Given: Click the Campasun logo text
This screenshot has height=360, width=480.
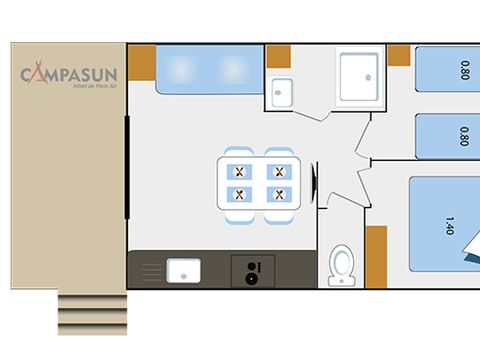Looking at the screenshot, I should point(67,75).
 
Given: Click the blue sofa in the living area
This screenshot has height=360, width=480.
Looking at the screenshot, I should point(207,71).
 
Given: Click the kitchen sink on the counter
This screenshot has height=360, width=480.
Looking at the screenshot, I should point(183,270).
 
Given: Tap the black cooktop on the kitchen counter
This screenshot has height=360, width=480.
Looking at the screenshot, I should point(253,270).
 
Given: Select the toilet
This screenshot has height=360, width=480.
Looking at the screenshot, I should point(341,265).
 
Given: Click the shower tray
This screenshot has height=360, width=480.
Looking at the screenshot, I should point(359,77).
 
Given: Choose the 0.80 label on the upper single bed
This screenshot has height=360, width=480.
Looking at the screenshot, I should point(462,71).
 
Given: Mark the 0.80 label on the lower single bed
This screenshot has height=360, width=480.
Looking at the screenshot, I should point(462,136).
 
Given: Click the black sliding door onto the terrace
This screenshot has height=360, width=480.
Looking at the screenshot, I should point(127,167).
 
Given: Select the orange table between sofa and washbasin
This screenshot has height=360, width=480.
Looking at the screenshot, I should point(278,57).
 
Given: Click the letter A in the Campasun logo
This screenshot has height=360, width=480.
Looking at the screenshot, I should point(41,75).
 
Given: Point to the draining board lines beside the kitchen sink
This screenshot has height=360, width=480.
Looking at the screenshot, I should point(150,270).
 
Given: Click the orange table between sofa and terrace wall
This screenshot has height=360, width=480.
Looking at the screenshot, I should point(141,63).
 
